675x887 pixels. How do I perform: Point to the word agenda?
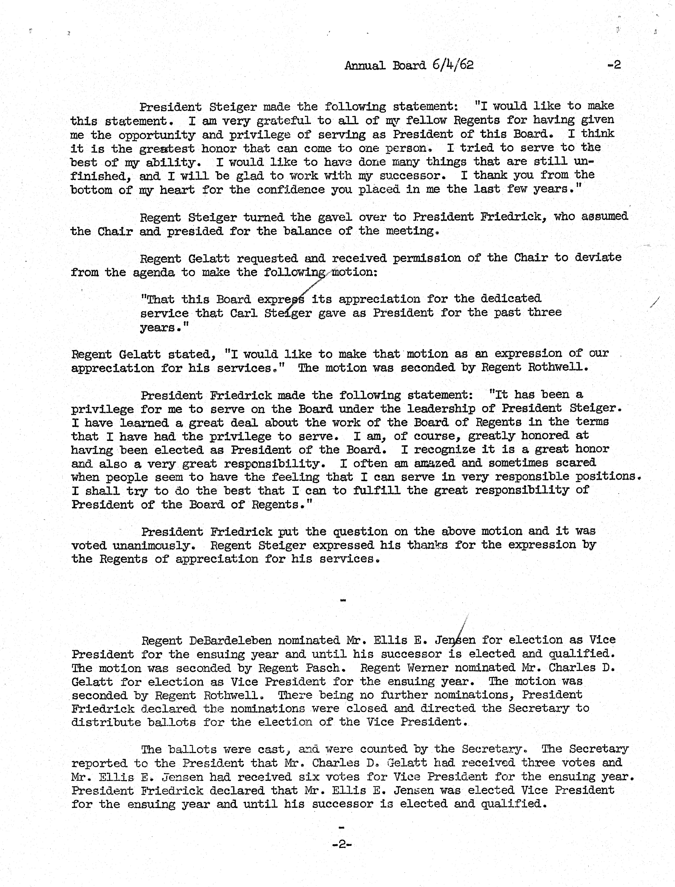tap(154, 273)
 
